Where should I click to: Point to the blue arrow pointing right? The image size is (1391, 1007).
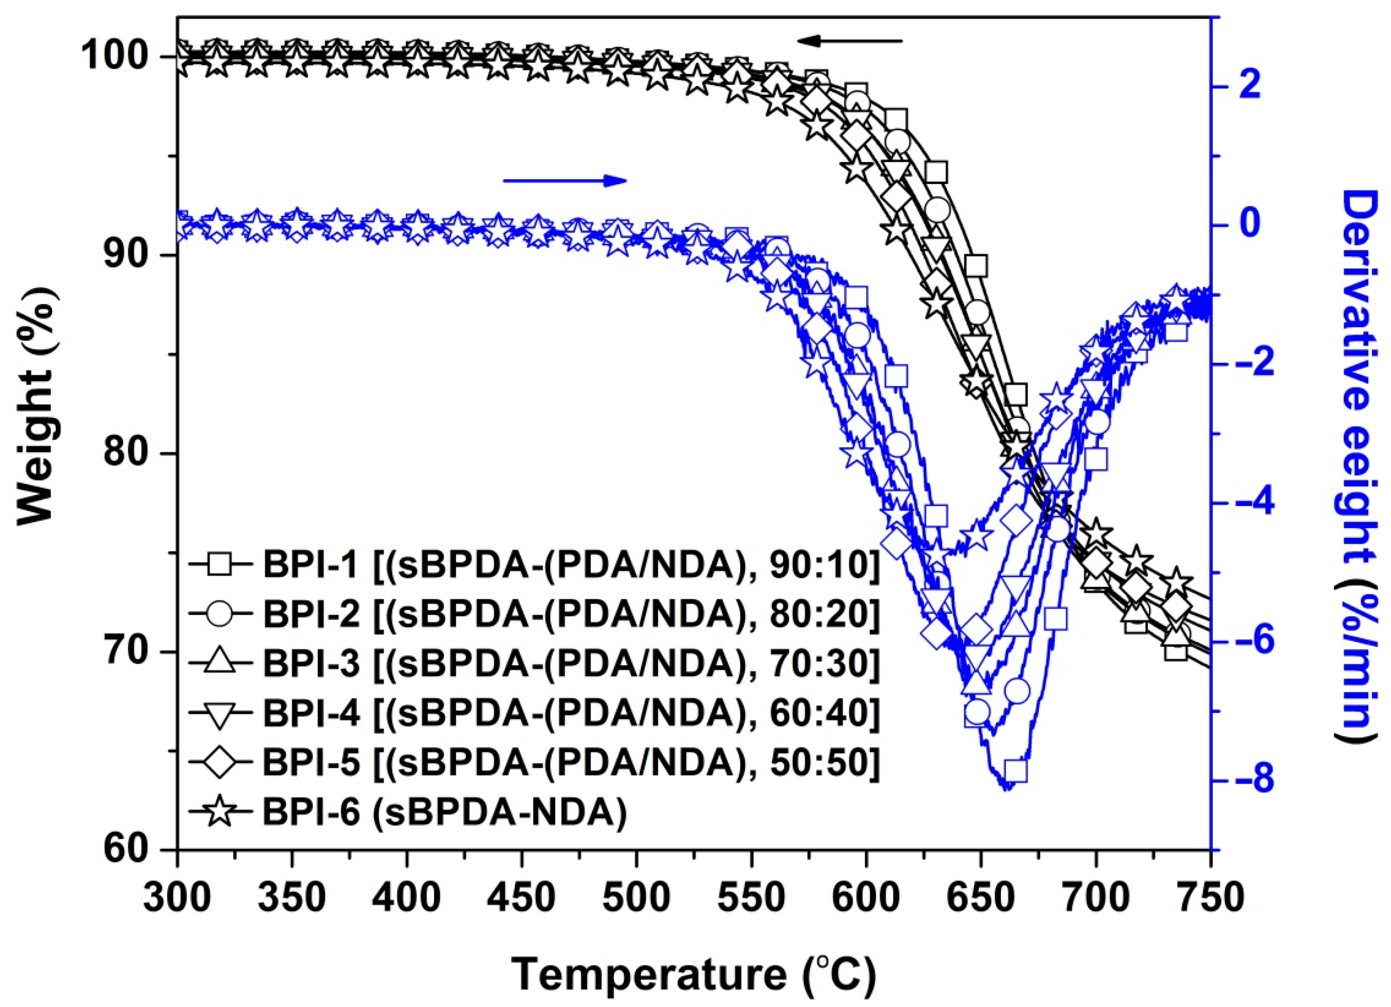click(x=564, y=180)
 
